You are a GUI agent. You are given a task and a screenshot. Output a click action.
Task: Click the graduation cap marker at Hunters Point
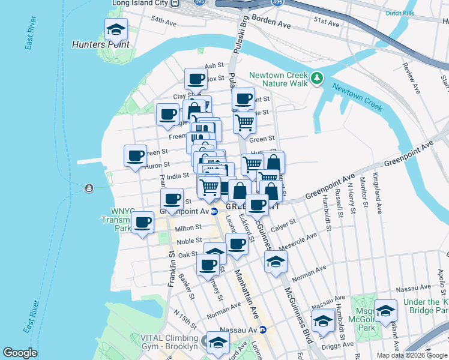pos(116,29)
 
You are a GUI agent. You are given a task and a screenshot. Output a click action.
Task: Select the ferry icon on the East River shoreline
pos(89,188)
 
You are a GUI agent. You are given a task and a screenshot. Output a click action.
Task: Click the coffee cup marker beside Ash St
pos(196,79)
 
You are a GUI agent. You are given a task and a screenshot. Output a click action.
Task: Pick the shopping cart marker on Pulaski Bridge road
pos(245,122)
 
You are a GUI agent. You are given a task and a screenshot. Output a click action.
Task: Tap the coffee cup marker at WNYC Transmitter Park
pos(143,223)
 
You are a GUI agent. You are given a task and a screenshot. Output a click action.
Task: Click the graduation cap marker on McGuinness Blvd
pos(276,262)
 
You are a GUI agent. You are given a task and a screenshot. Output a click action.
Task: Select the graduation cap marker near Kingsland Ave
pos(385,310)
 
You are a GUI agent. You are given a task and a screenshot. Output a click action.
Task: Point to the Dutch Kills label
pos(402,13)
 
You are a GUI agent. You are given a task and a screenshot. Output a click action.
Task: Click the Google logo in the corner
pos(20,353)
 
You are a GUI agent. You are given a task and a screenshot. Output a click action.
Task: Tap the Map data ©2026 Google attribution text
pos(411,355)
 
